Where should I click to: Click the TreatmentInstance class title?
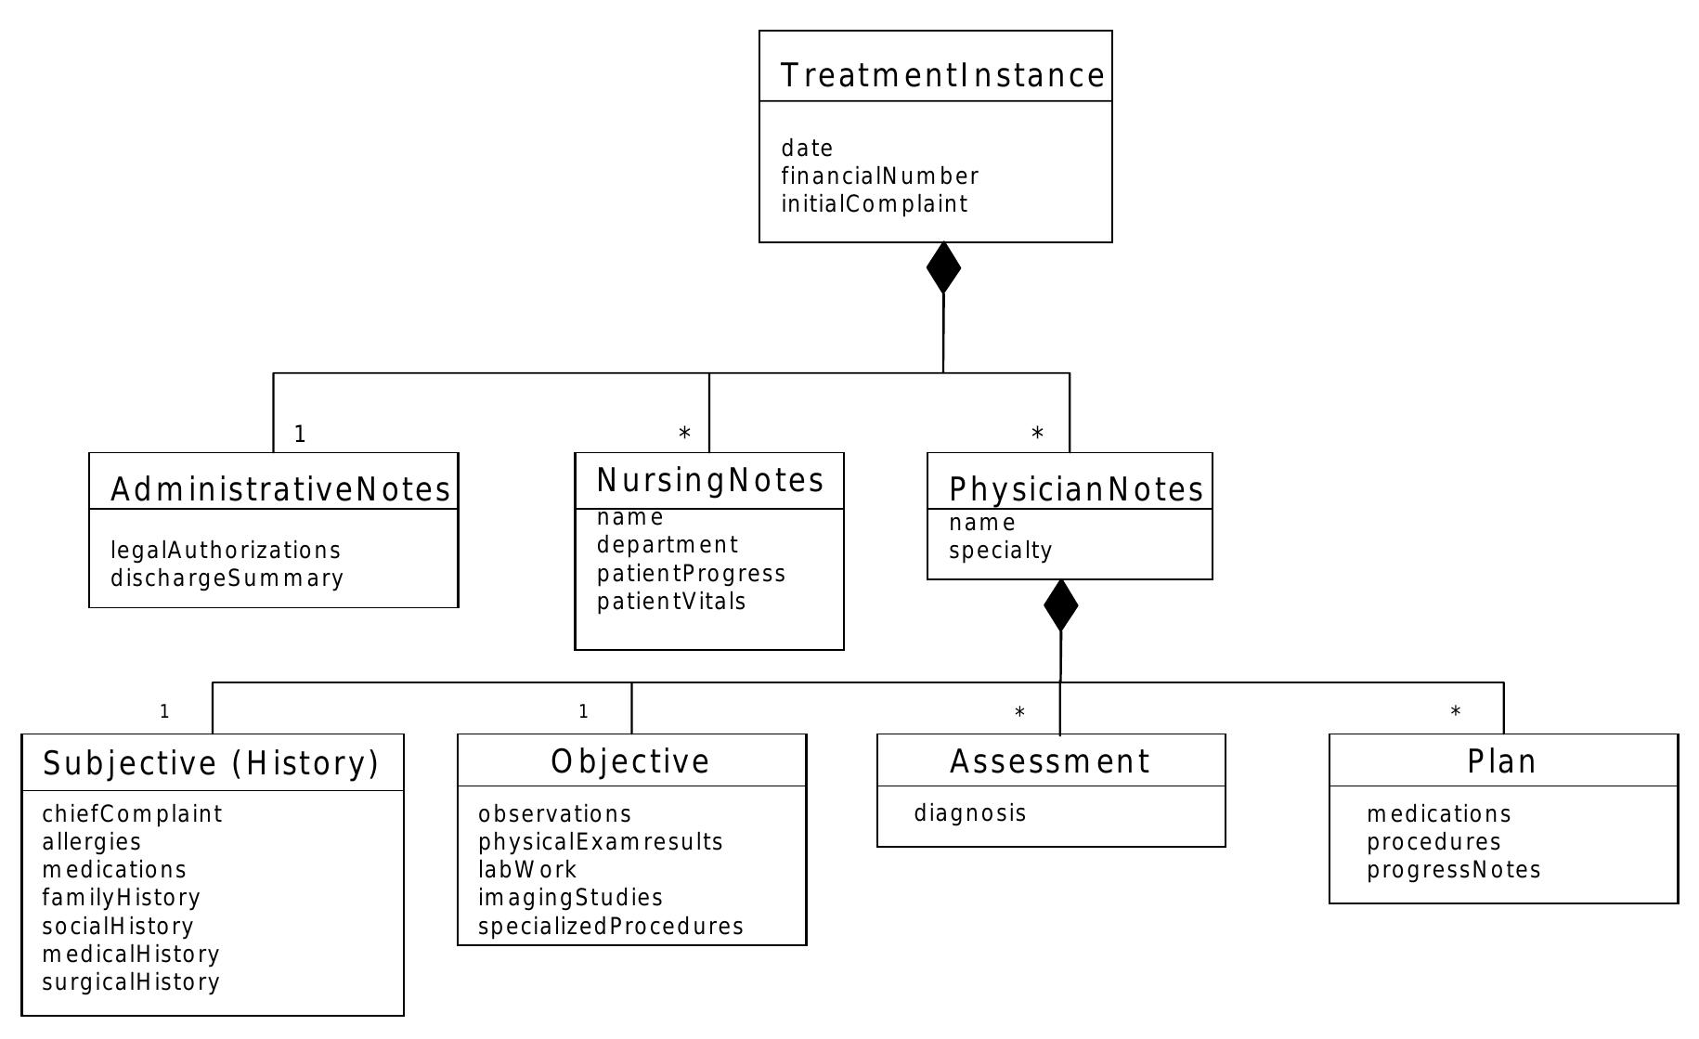(942, 75)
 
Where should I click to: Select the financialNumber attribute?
(879, 175)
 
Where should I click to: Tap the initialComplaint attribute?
(874, 203)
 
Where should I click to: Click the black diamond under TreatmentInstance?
(943, 267)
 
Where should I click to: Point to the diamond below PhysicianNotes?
(1060, 605)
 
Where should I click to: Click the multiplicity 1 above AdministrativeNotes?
(300, 434)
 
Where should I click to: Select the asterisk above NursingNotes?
(684, 434)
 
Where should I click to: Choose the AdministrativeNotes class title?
(280, 489)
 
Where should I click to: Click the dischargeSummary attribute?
(227, 578)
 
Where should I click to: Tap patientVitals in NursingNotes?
(671, 601)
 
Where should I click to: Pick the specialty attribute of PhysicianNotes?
(1000, 550)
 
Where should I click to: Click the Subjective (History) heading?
(212, 762)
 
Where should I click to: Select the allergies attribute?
(91, 841)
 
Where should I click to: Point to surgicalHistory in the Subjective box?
(130, 981)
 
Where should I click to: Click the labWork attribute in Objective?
(526, 869)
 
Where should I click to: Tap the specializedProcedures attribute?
(610, 926)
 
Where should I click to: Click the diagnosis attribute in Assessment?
(969, 813)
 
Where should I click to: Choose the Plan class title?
(1501, 761)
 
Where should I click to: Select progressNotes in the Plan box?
(1453, 869)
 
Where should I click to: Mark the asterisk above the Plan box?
(1455, 712)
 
